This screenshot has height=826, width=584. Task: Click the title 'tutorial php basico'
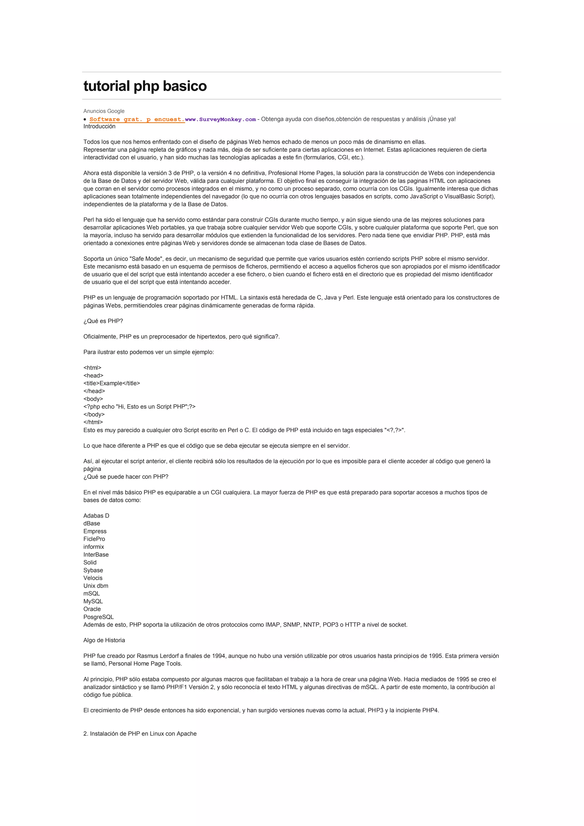coord(145,86)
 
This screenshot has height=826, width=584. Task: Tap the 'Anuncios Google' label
coord(104,111)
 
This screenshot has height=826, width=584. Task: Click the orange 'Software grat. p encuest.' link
coord(137,120)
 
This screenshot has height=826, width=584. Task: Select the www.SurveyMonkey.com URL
coord(220,120)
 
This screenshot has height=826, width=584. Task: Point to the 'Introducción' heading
coord(99,126)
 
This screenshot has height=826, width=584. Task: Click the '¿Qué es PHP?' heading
coord(103,321)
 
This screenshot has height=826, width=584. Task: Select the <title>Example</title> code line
coord(111,383)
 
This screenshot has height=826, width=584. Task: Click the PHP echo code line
coord(139,406)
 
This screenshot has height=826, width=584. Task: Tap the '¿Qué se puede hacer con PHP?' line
coord(126,477)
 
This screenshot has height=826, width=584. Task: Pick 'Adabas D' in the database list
coord(96,515)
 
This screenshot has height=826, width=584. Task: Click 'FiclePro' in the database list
coord(94,539)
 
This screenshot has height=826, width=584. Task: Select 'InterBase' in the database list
coord(96,555)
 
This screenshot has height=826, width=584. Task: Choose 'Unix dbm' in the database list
coord(96,586)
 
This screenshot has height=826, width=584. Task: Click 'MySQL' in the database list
coord(93,601)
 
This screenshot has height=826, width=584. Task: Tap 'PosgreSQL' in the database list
coord(99,617)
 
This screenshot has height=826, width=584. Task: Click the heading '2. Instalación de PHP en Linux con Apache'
coord(140,734)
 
